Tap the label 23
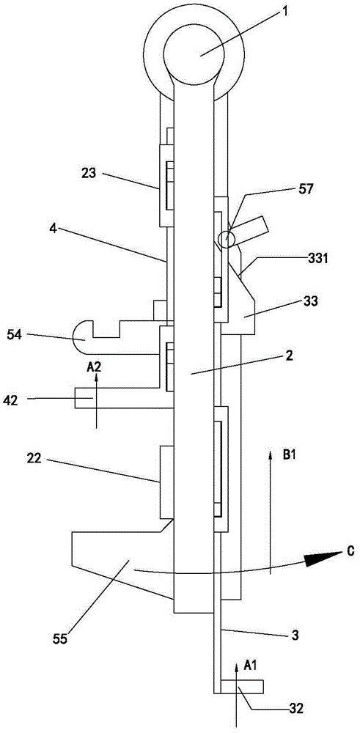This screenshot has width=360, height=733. (x=89, y=174)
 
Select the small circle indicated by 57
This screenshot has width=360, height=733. (x=227, y=239)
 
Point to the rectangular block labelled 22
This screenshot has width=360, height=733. (x=166, y=482)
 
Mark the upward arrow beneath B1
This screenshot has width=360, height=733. (x=270, y=512)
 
